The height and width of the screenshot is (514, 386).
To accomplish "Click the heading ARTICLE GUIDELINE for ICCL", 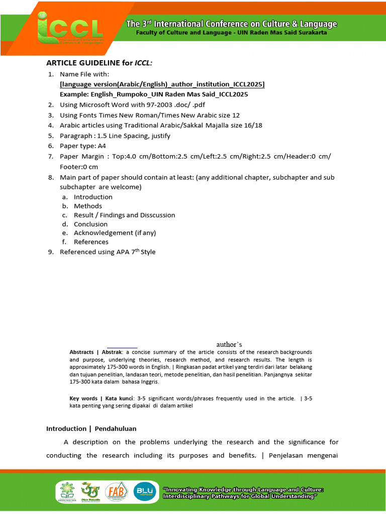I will click(x=99, y=63).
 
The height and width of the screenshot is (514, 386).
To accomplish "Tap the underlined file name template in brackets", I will click(x=162, y=84).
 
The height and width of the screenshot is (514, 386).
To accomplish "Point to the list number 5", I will click(x=51, y=136).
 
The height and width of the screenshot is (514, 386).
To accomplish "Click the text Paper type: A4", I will click(x=83, y=146).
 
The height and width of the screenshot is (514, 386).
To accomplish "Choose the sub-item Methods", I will click(x=88, y=206).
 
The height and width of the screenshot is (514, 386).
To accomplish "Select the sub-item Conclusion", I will click(x=90, y=224).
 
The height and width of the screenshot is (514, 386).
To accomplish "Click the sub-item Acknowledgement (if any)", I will click(x=111, y=233).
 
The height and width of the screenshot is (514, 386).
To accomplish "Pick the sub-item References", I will click(x=91, y=242).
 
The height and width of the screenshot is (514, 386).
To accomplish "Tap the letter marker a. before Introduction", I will click(x=65, y=197).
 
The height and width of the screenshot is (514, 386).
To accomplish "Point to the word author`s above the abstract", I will click(x=229, y=344).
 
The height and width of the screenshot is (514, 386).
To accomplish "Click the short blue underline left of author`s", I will click(x=122, y=347).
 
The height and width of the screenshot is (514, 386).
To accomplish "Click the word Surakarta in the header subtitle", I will click(x=310, y=33).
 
